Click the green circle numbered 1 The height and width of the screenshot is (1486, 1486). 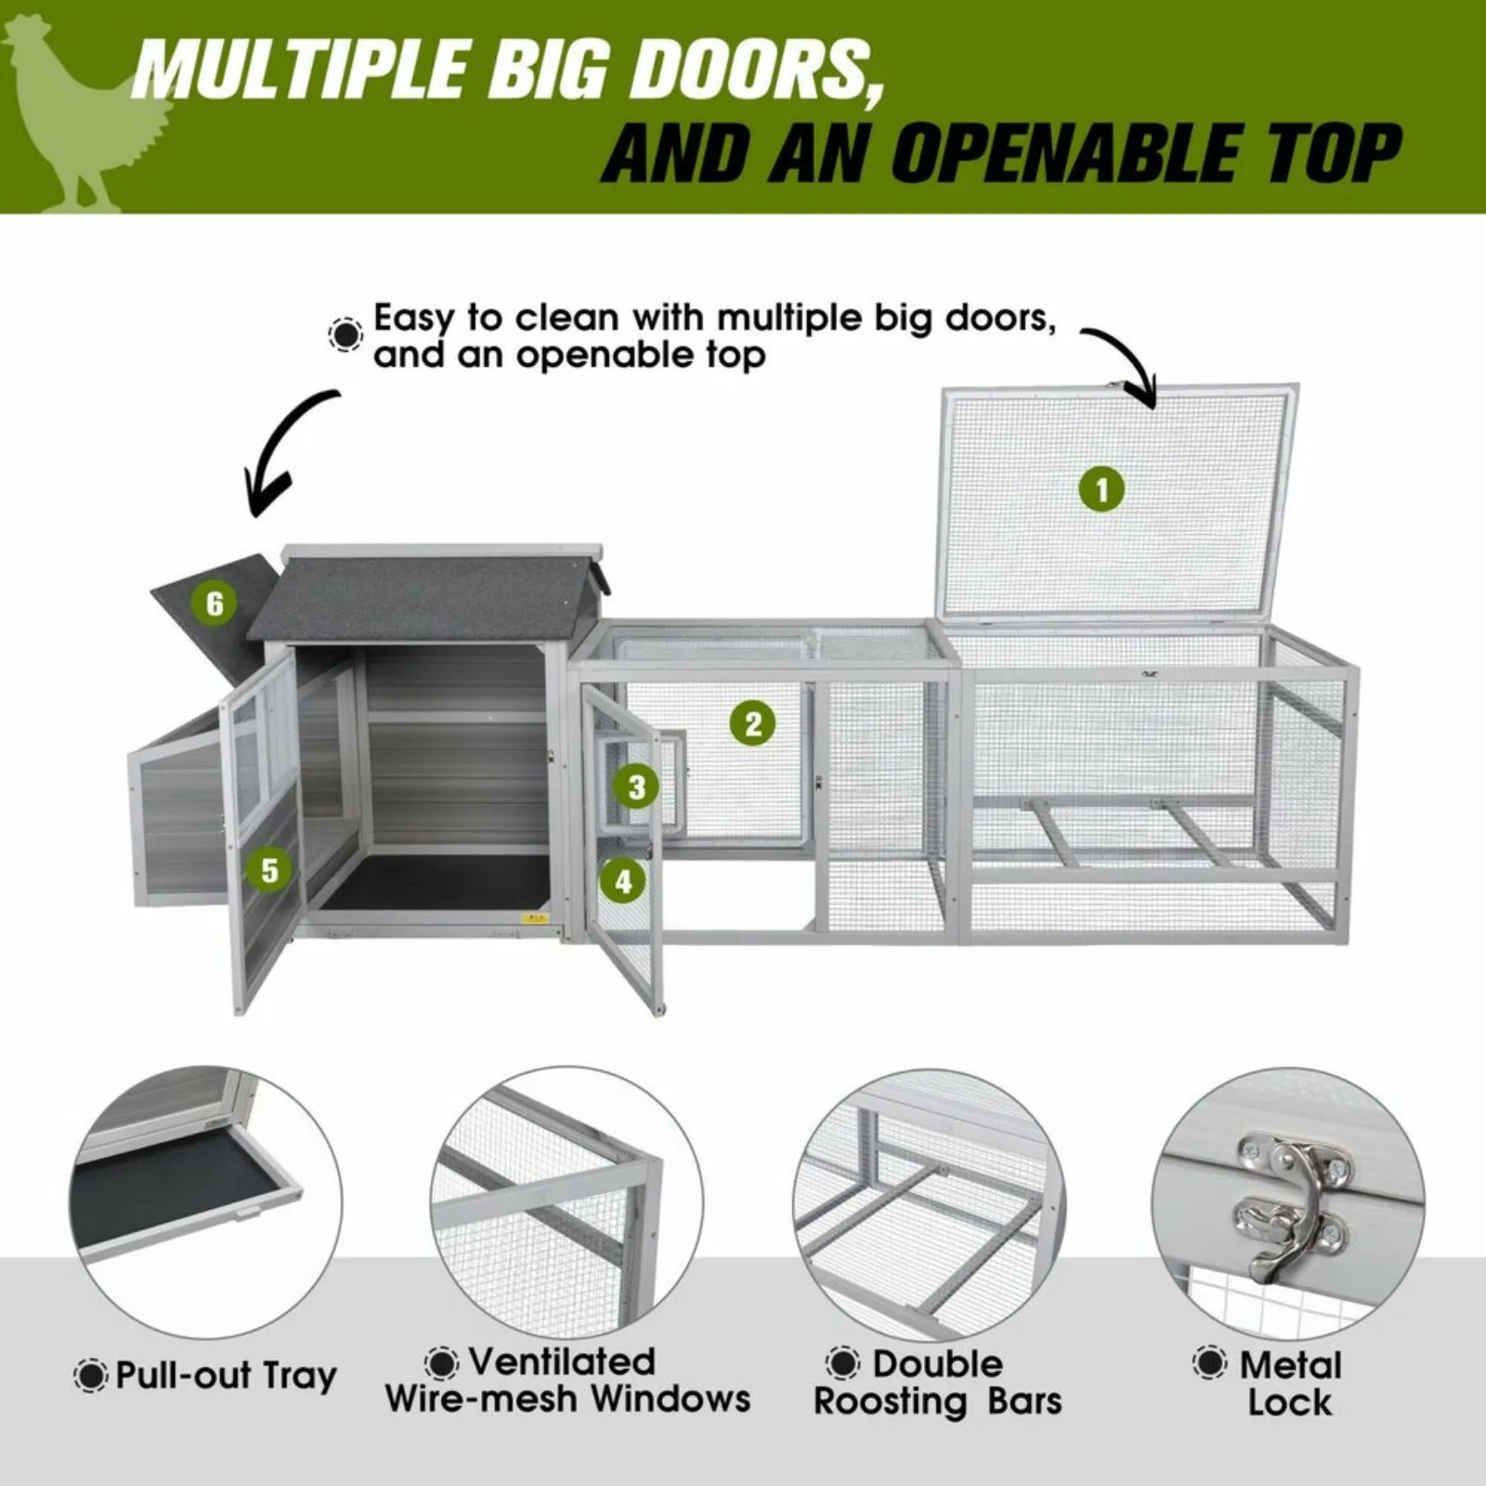click(x=1102, y=489)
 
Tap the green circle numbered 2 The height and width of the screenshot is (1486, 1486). click(x=752, y=723)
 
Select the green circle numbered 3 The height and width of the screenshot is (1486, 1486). click(x=636, y=788)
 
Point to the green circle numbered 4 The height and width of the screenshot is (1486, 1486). click(x=623, y=880)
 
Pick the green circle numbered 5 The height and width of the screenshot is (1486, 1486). click(x=269, y=870)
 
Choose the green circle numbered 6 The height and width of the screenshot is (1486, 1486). click(x=215, y=604)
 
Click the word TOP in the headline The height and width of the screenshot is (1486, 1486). click(x=1318, y=153)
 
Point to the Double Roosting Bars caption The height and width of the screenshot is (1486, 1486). click(x=937, y=1383)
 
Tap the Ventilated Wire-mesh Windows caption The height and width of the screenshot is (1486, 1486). click(x=567, y=1381)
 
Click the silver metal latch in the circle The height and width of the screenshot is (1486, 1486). click(x=1292, y=1203)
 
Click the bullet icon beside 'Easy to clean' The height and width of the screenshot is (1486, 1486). click(x=345, y=334)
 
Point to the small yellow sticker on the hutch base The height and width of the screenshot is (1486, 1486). click(x=535, y=919)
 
